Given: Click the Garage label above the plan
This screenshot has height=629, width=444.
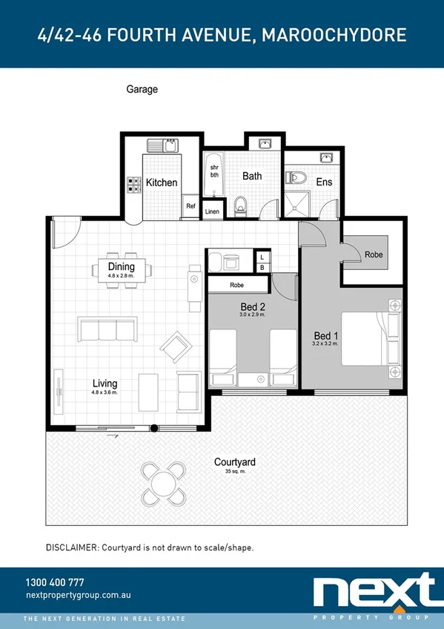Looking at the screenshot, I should [142, 89].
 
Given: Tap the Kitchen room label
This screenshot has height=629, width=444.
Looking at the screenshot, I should [161, 182].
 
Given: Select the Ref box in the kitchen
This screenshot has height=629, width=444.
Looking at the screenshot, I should [190, 207].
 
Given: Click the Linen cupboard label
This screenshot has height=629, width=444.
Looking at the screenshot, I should [212, 211].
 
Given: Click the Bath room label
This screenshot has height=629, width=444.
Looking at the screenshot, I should [252, 177].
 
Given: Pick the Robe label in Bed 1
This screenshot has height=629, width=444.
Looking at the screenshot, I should [374, 254].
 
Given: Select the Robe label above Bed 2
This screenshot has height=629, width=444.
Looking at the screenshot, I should [237, 285].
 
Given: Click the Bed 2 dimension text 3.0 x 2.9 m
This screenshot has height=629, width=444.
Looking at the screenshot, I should [252, 315].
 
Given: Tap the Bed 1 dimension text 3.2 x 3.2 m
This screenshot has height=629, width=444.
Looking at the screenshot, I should [325, 343].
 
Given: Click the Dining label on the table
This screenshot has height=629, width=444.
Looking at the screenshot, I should [121, 267].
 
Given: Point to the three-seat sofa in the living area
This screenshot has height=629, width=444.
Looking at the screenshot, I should [107, 329].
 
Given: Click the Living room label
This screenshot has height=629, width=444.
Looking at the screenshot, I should [105, 383].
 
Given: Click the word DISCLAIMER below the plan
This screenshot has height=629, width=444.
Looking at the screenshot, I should [72, 547].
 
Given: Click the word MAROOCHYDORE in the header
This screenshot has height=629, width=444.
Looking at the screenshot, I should [335, 35].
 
